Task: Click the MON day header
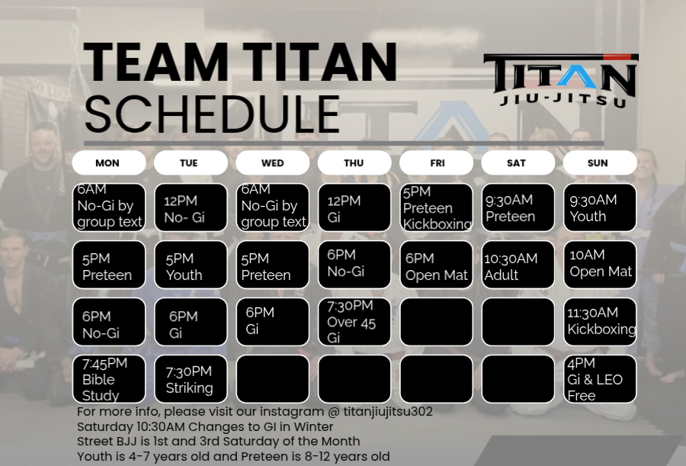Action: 109,163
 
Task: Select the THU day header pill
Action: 354,163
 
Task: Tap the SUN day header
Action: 600,163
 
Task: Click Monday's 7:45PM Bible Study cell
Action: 109,379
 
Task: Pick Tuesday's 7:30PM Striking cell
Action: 191,379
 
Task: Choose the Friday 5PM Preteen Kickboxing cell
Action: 436,207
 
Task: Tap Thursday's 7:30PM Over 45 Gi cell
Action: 354,322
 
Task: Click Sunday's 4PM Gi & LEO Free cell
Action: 600,379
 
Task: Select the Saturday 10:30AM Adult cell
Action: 518,265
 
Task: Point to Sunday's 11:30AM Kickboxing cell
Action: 600,322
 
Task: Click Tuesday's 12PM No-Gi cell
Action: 191,207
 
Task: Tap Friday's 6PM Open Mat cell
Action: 436,265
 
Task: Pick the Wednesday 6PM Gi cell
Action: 273,322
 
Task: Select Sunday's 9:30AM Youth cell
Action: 600,207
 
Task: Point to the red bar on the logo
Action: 617,57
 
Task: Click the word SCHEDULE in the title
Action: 212,114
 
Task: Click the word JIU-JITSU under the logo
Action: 563,100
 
